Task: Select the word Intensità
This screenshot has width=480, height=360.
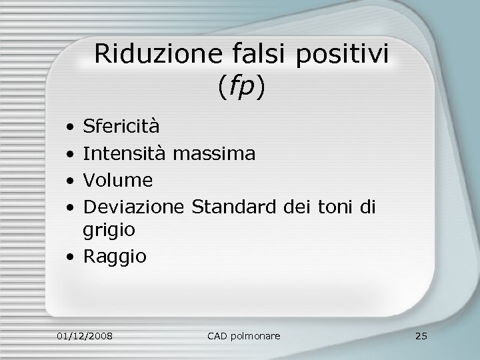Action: point(125,153)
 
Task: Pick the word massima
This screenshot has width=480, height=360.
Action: point(214,153)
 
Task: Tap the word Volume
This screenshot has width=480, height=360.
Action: point(118,180)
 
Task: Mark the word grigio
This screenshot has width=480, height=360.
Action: point(109,231)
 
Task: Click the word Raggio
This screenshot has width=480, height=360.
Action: point(115,256)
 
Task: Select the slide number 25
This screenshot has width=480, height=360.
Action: point(420,334)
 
